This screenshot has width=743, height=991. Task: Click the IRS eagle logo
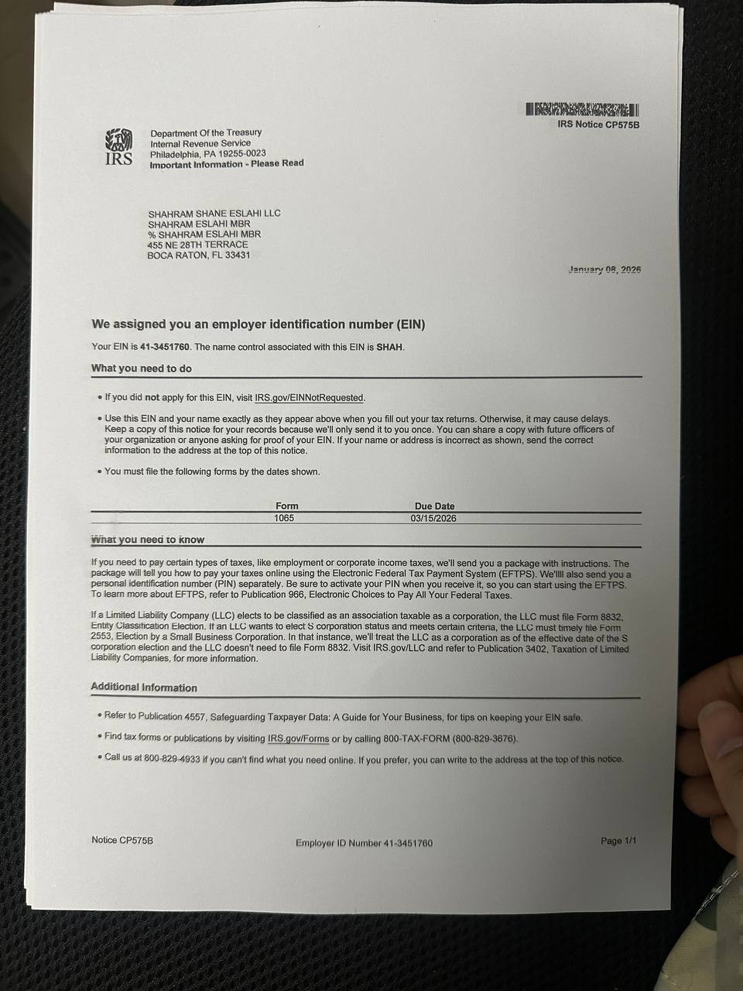[118, 148]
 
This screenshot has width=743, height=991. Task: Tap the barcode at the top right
[583, 110]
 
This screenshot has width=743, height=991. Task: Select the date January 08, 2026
[604, 269]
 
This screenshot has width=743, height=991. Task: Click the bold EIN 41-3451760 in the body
[165, 347]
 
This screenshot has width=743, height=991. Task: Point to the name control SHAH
[390, 347]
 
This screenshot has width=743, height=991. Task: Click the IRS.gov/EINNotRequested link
[309, 398]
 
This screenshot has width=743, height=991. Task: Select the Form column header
[286, 506]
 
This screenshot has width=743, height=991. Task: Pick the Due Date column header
[434, 506]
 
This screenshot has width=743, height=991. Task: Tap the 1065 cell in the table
[284, 518]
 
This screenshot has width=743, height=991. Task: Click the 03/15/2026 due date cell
[433, 518]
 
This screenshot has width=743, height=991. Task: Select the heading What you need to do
[142, 369]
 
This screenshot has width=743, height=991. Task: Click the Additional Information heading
[144, 688]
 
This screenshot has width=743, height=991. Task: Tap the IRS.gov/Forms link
[298, 739]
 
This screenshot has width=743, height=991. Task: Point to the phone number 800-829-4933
[172, 759]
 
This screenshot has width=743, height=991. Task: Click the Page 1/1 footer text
[618, 841]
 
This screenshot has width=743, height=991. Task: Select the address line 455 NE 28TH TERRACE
[197, 245]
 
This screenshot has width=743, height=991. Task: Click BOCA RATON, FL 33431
[198, 255]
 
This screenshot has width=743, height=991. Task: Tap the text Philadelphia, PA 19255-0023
[207, 153]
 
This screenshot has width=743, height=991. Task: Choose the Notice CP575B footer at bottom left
[122, 840]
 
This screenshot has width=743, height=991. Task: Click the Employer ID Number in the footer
[364, 843]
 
